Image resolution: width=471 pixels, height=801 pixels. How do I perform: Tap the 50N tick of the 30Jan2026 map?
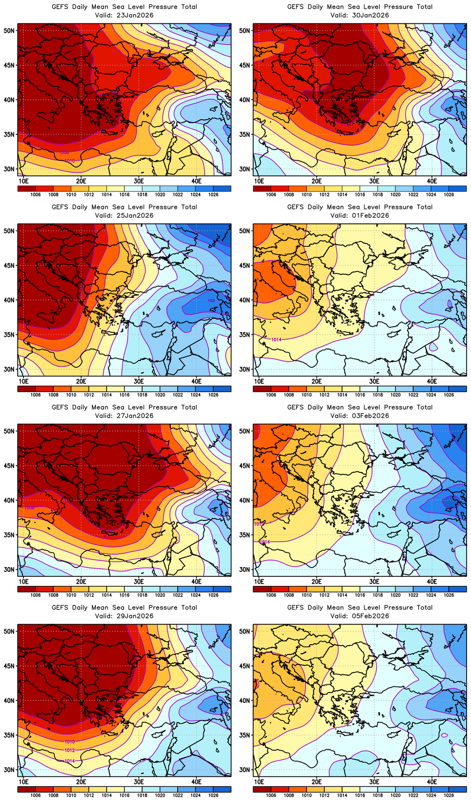click(x=245, y=30)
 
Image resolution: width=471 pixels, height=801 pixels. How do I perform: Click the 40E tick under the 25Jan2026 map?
click(x=196, y=381)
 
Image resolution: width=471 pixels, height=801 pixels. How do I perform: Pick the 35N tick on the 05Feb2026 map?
click(x=245, y=735)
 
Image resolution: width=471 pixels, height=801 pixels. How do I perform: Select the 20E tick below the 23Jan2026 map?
click(x=81, y=181)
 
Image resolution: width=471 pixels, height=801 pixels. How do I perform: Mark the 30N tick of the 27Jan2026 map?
click(x=9, y=569)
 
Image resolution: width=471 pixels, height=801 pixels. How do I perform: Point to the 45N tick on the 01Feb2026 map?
click(x=245, y=265)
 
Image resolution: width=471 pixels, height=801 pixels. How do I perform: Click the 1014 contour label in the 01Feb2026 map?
click(x=276, y=339)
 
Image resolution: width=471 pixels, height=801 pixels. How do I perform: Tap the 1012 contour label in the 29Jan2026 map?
click(x=70, y=750)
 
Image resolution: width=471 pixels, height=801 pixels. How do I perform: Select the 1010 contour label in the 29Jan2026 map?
click(x=70, y=742)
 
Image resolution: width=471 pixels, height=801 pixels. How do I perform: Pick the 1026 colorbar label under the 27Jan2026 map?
click(x=213, y=595)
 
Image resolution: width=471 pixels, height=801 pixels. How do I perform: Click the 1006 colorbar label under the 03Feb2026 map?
click(x=271, y=595)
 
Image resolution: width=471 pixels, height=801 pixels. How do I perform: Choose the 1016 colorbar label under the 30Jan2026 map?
click(x=360, y=195)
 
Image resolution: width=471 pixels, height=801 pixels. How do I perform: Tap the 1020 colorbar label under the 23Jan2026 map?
click(x=160, y=195)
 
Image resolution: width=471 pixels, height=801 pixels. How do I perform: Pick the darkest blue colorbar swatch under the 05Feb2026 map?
click(x=457, y=789)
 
